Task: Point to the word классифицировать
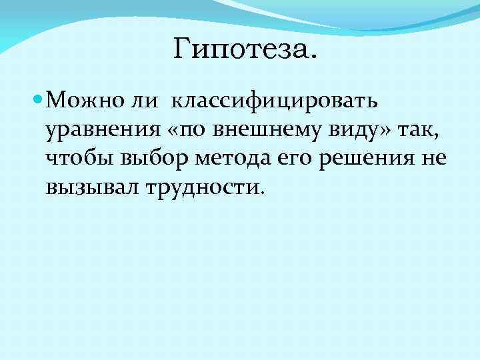275,102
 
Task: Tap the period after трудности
263,194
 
